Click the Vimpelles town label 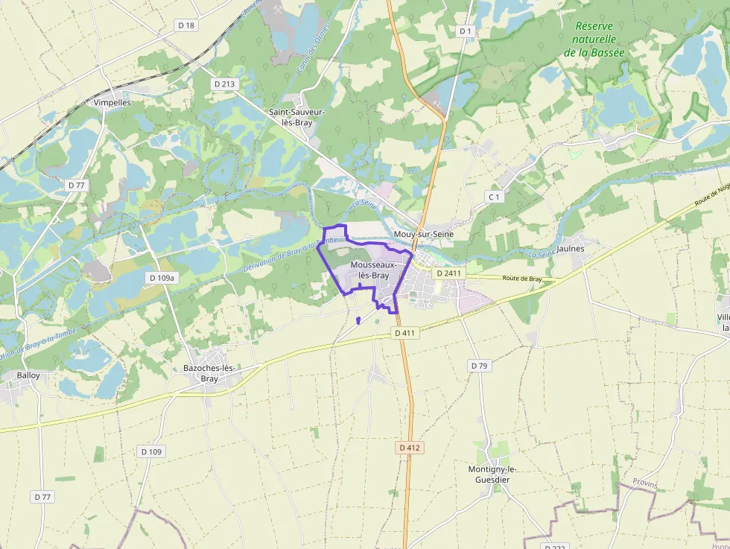(112, 102)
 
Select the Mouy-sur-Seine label (423, 234)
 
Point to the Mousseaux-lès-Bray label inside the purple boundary (369, 270)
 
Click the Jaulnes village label (571, 247)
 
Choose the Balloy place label (28, 375)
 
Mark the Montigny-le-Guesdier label (492, 475)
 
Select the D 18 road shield (186, 25)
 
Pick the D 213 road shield (224, 84)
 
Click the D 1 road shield (466, 31)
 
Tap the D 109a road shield (162, 278)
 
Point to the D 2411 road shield (449, 273)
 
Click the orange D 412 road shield (410, 448)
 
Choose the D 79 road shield (479, 366)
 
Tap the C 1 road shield (493, 196)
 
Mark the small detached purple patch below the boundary (358, 320)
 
